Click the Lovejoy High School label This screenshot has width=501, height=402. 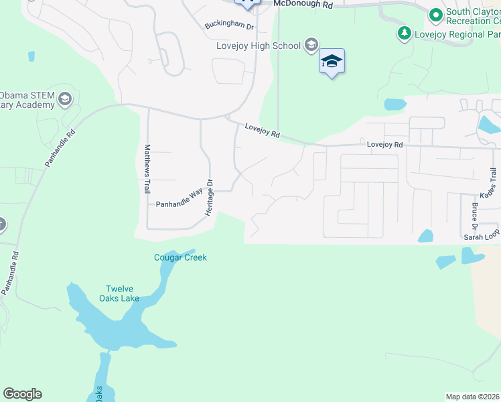pos(259,46)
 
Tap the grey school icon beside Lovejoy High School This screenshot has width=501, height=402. pos(311,45)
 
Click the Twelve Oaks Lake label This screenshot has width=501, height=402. pos(119,293)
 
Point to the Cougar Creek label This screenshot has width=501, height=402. pos(180,257)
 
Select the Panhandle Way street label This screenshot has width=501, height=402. pos(179,200)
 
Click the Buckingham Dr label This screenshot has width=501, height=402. pos(229,27)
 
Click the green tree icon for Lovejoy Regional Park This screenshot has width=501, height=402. pos(404,33)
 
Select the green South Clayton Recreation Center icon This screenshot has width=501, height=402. pos(435,13)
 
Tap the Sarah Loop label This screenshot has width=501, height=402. pos(482,237)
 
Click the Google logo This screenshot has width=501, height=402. pos(22,394)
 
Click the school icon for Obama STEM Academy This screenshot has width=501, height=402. pos(65,100)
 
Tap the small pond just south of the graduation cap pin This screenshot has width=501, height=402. pos(395,105)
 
